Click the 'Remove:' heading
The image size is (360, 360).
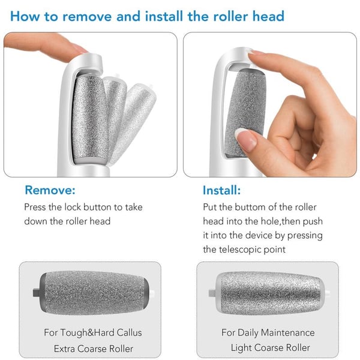coord(50,191)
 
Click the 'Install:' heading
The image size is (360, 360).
coord(221,191)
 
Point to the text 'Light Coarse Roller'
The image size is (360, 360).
coord(270,347)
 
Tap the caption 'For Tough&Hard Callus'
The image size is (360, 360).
coord(93,332)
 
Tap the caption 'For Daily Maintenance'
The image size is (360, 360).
coord(268,332)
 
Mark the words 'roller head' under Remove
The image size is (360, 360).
coord(86,221)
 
